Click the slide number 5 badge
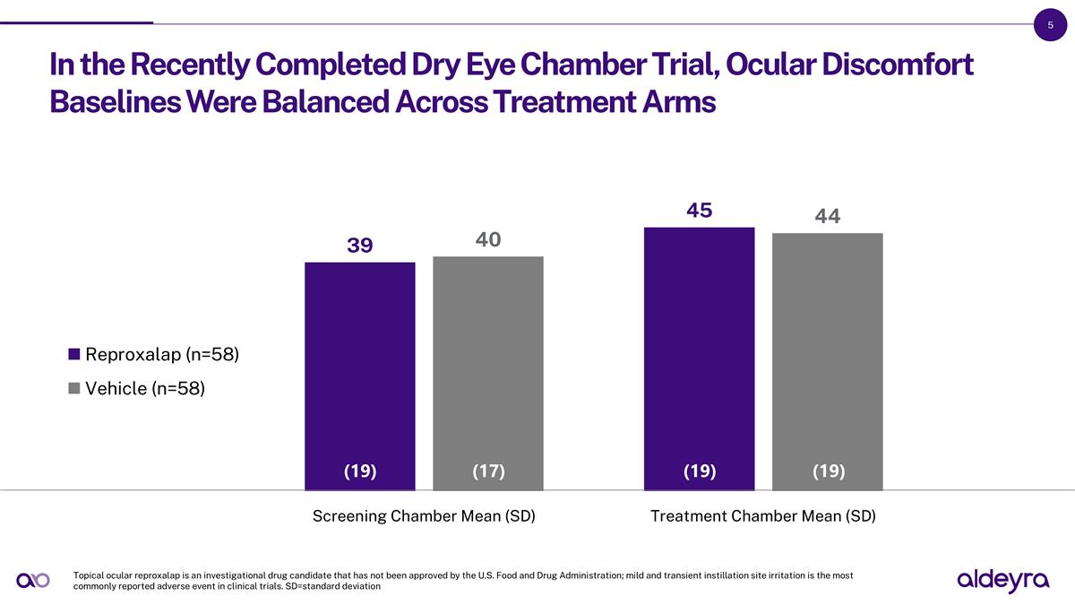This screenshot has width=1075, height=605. click(1050, 25)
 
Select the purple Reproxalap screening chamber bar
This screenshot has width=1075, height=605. click(360, 367)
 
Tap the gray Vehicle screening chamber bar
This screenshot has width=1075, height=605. click(488, 367)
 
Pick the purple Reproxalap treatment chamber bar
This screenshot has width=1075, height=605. click(699, 350)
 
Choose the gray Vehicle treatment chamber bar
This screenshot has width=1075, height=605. click(827, 354)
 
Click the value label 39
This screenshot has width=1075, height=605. click(360, 246)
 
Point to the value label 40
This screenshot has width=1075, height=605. click(488, 239)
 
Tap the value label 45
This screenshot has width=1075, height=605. click(699, 211)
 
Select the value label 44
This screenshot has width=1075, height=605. click(827, 216)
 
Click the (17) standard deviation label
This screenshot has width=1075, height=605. click(488, 471)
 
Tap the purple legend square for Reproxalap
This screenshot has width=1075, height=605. click(74, 354)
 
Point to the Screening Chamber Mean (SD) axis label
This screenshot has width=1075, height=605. click(424, 516)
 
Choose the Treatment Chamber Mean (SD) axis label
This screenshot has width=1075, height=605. click(762, 516)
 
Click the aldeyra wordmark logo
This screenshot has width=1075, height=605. click(1002, 581)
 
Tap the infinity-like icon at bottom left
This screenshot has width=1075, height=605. click(33, 581)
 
